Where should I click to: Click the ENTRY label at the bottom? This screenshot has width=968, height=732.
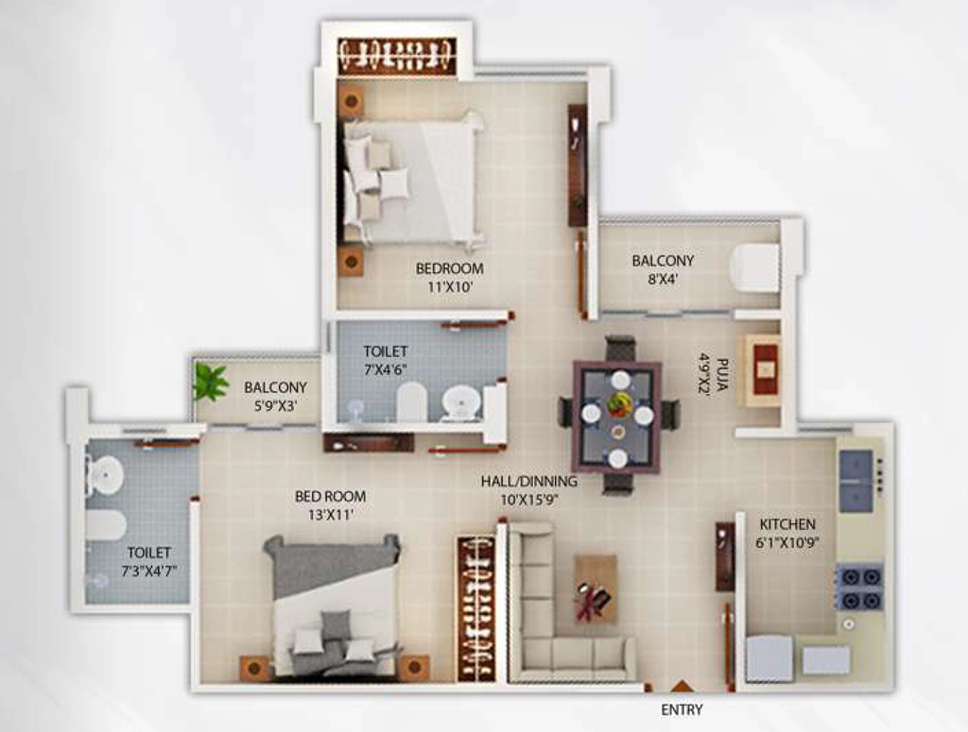[682, 709]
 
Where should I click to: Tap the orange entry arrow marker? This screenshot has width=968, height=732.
[682, 686]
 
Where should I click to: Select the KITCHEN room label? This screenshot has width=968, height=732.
[787, 525]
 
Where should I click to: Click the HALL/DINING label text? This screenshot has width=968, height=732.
[529, 481]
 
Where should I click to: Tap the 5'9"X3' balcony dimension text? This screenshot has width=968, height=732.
[275, 406]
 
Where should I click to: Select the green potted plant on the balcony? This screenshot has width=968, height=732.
[209, 382]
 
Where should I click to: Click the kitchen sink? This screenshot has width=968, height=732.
[856, 481]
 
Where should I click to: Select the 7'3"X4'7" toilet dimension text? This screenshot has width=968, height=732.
[148, 571]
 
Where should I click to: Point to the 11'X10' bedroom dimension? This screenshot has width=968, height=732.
[449, 287]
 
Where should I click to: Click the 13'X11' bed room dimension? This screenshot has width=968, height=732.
[330, 515]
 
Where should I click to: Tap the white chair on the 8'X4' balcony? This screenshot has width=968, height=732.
[754, 267]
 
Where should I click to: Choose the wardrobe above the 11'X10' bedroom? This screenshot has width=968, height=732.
[398, 57]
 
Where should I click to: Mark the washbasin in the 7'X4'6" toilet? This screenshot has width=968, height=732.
[460, 401]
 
